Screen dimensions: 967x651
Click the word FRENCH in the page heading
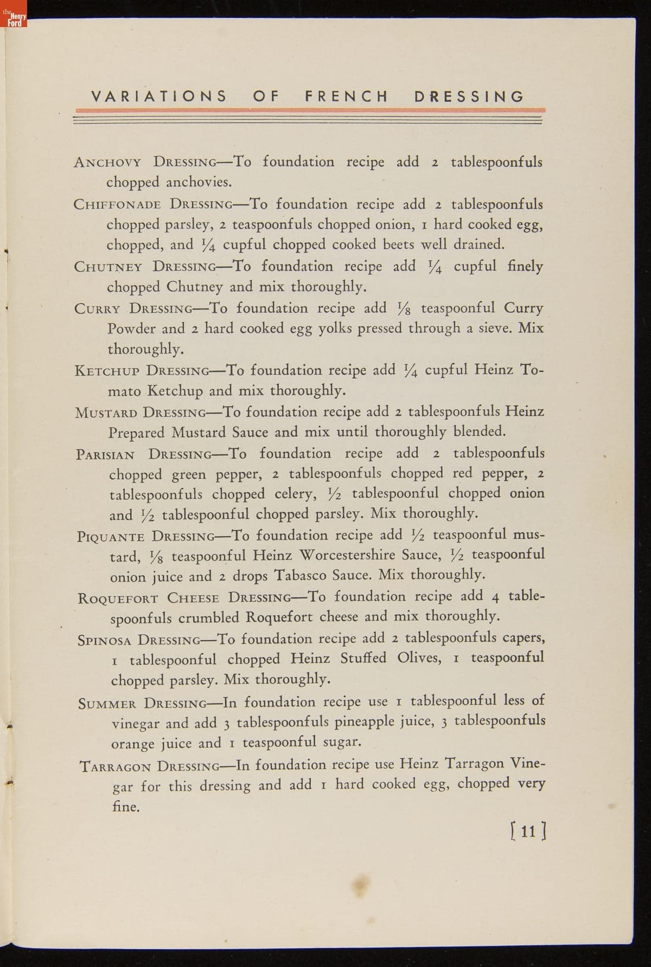coord(347,96)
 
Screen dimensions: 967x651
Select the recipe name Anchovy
coord(107,162)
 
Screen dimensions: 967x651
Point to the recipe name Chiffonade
coord(117,205)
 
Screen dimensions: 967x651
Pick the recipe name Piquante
coord(111,537)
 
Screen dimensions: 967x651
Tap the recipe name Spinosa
coord(105,640)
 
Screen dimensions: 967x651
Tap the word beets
coord(399,244)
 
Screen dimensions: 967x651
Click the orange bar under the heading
coord(309,110)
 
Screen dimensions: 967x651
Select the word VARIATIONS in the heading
coord(158,96)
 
